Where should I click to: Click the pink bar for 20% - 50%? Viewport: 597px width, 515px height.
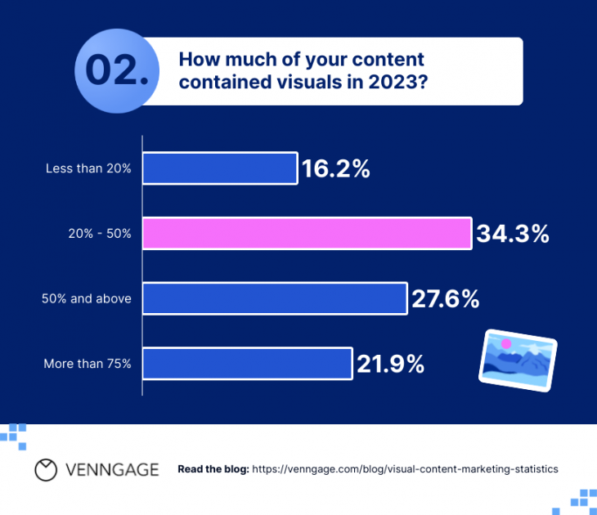[x=307, y=233]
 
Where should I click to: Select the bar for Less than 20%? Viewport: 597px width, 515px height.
[x=219, y=168]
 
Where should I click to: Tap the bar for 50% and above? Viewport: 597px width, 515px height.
[x=275, y=298]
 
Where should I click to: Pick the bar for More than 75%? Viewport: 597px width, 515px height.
[x=247, y=364]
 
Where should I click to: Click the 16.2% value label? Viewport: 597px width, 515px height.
[x=336, y=169]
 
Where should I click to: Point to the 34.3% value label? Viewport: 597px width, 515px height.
[x=513, y=234]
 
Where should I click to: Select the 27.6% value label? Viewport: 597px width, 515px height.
[x=445, y=298]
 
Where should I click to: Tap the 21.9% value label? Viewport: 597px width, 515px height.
[x=390, y=364]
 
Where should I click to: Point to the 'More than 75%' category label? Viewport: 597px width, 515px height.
[x=88, y=364]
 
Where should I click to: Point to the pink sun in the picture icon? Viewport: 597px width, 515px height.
[x=506, y=344]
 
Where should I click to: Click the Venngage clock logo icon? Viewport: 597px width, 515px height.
[x=46, y=469]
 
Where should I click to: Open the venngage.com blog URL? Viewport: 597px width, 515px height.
[x=405, y=469]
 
